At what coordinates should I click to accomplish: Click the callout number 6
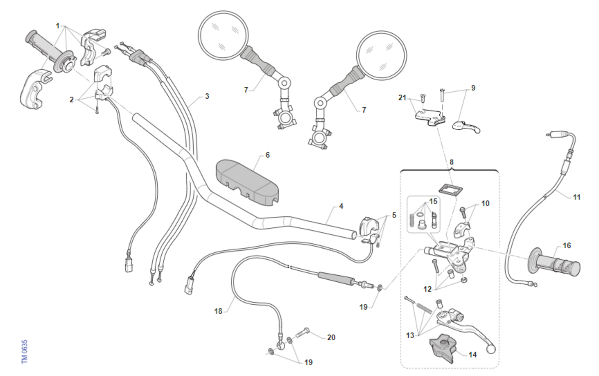coord(268,155)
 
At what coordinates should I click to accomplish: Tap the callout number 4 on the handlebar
coord(341,205)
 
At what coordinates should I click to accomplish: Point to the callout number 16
coord(567,245)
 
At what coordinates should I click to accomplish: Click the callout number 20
coord(331,337)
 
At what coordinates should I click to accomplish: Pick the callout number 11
coord(577,197)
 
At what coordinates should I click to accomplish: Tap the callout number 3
coord(207,96)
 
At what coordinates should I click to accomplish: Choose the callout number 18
coord(218,312)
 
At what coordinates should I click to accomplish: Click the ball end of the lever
coord(491,350)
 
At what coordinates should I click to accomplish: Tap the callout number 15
coord(433,201)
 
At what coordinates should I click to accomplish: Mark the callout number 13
coord(410,335)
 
